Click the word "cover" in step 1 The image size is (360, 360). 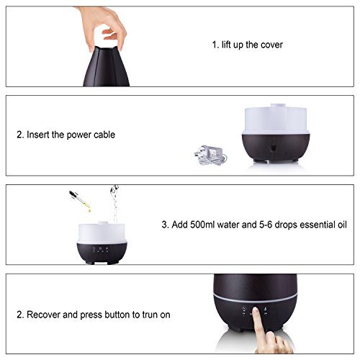(271, 45)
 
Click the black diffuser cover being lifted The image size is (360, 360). (107, 66)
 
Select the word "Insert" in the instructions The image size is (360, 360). (38, 135)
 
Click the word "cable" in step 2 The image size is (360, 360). (104, 135)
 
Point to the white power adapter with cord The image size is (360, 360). (211, 155)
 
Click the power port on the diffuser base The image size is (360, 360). (274, 148)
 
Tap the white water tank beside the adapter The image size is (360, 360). (276, 119)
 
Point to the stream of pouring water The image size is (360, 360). (114, 204)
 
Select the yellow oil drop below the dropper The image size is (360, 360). (89, 210)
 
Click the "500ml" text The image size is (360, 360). (202, 225)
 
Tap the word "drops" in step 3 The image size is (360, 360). (286, 225)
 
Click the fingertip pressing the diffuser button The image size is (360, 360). (256, 310)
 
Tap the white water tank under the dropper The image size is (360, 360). (102, 233)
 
